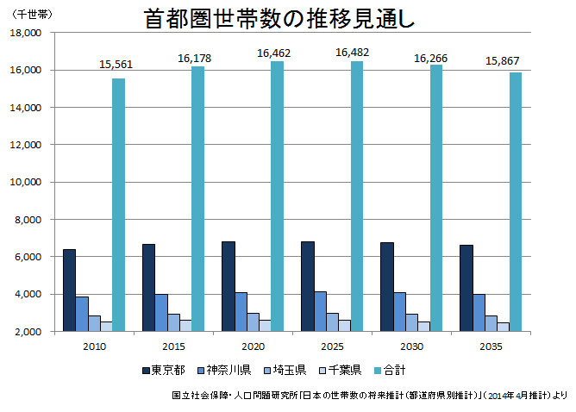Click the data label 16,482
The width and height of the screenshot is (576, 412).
[x=352, y=53]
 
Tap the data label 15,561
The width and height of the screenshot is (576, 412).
[x=116, y=64]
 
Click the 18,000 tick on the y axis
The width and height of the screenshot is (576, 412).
[x=25, y=33]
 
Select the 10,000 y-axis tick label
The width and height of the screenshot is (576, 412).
[x=25, y=182]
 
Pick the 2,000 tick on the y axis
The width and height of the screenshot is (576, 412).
[x=28, y=332]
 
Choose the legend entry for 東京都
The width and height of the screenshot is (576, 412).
[x=163, y=370]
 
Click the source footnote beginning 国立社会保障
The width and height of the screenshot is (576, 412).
[x=369, y=396]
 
